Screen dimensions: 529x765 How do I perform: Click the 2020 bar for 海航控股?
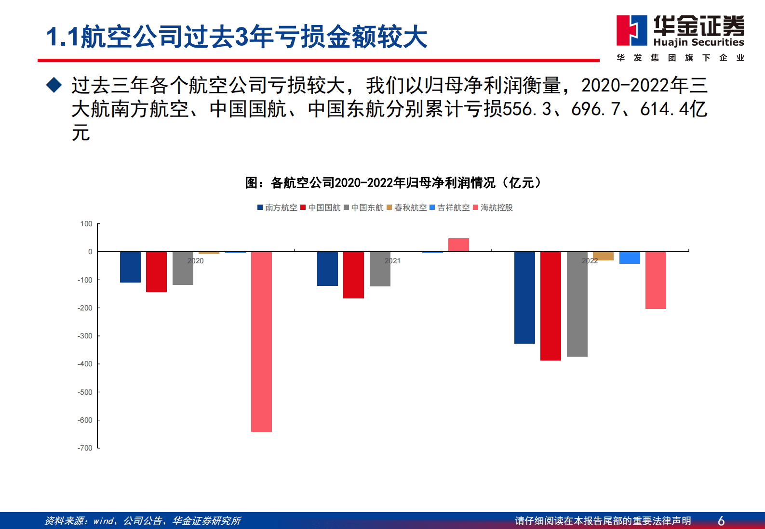261,341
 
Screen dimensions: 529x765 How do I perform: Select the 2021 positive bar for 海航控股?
458,245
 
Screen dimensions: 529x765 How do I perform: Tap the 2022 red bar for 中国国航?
550,306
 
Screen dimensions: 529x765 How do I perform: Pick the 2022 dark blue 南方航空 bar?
524,297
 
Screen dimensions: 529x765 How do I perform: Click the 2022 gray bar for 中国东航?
577,304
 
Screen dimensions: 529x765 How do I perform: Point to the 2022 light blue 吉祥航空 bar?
630,258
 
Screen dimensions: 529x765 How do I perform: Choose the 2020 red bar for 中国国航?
156,271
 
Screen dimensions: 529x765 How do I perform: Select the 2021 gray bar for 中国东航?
380,269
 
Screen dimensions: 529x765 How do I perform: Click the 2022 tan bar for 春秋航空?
603,256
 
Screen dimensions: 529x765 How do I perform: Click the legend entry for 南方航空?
277,207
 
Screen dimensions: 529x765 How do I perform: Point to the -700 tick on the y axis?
85,448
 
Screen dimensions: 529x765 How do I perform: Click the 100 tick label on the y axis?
86,224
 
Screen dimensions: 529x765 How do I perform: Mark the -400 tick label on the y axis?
85,364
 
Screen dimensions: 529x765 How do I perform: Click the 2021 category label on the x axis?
392,261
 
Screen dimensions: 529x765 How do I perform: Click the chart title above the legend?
393,183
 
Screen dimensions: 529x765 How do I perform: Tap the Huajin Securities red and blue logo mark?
631,30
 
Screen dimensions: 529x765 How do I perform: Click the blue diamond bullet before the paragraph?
54,85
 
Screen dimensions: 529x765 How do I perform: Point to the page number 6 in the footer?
721,521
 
